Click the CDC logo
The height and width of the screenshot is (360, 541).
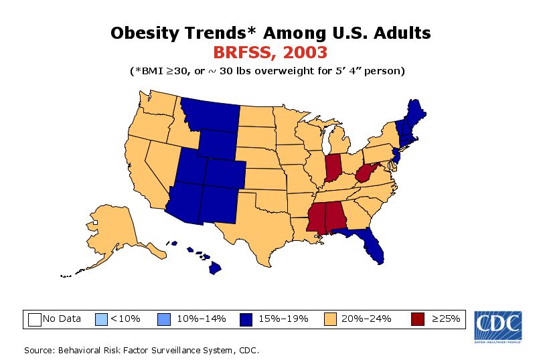(499, 326)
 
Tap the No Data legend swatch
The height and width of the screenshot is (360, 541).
(35, 319)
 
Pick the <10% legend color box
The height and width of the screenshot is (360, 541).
(102, 319)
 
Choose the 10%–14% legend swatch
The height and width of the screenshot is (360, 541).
(164, 319)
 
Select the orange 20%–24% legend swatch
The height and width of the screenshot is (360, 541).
(331, 319)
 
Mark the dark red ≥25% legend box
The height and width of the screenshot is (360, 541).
(418, 319)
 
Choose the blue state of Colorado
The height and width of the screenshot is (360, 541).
(224, 171)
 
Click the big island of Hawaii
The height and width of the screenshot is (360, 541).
(215, 268)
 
